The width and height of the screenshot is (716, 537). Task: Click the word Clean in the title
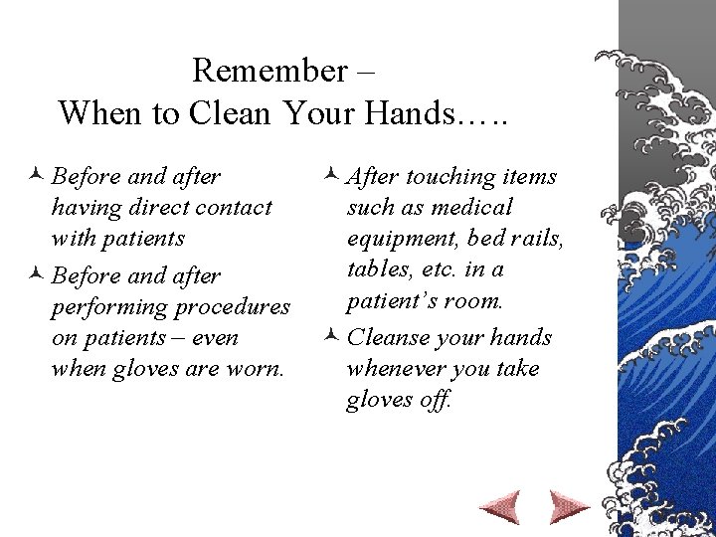224,112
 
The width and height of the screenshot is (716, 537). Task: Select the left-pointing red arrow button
498,507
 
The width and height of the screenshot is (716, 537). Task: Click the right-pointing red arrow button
569,507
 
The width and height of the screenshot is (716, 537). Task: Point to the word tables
375,269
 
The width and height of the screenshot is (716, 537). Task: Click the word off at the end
439,400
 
